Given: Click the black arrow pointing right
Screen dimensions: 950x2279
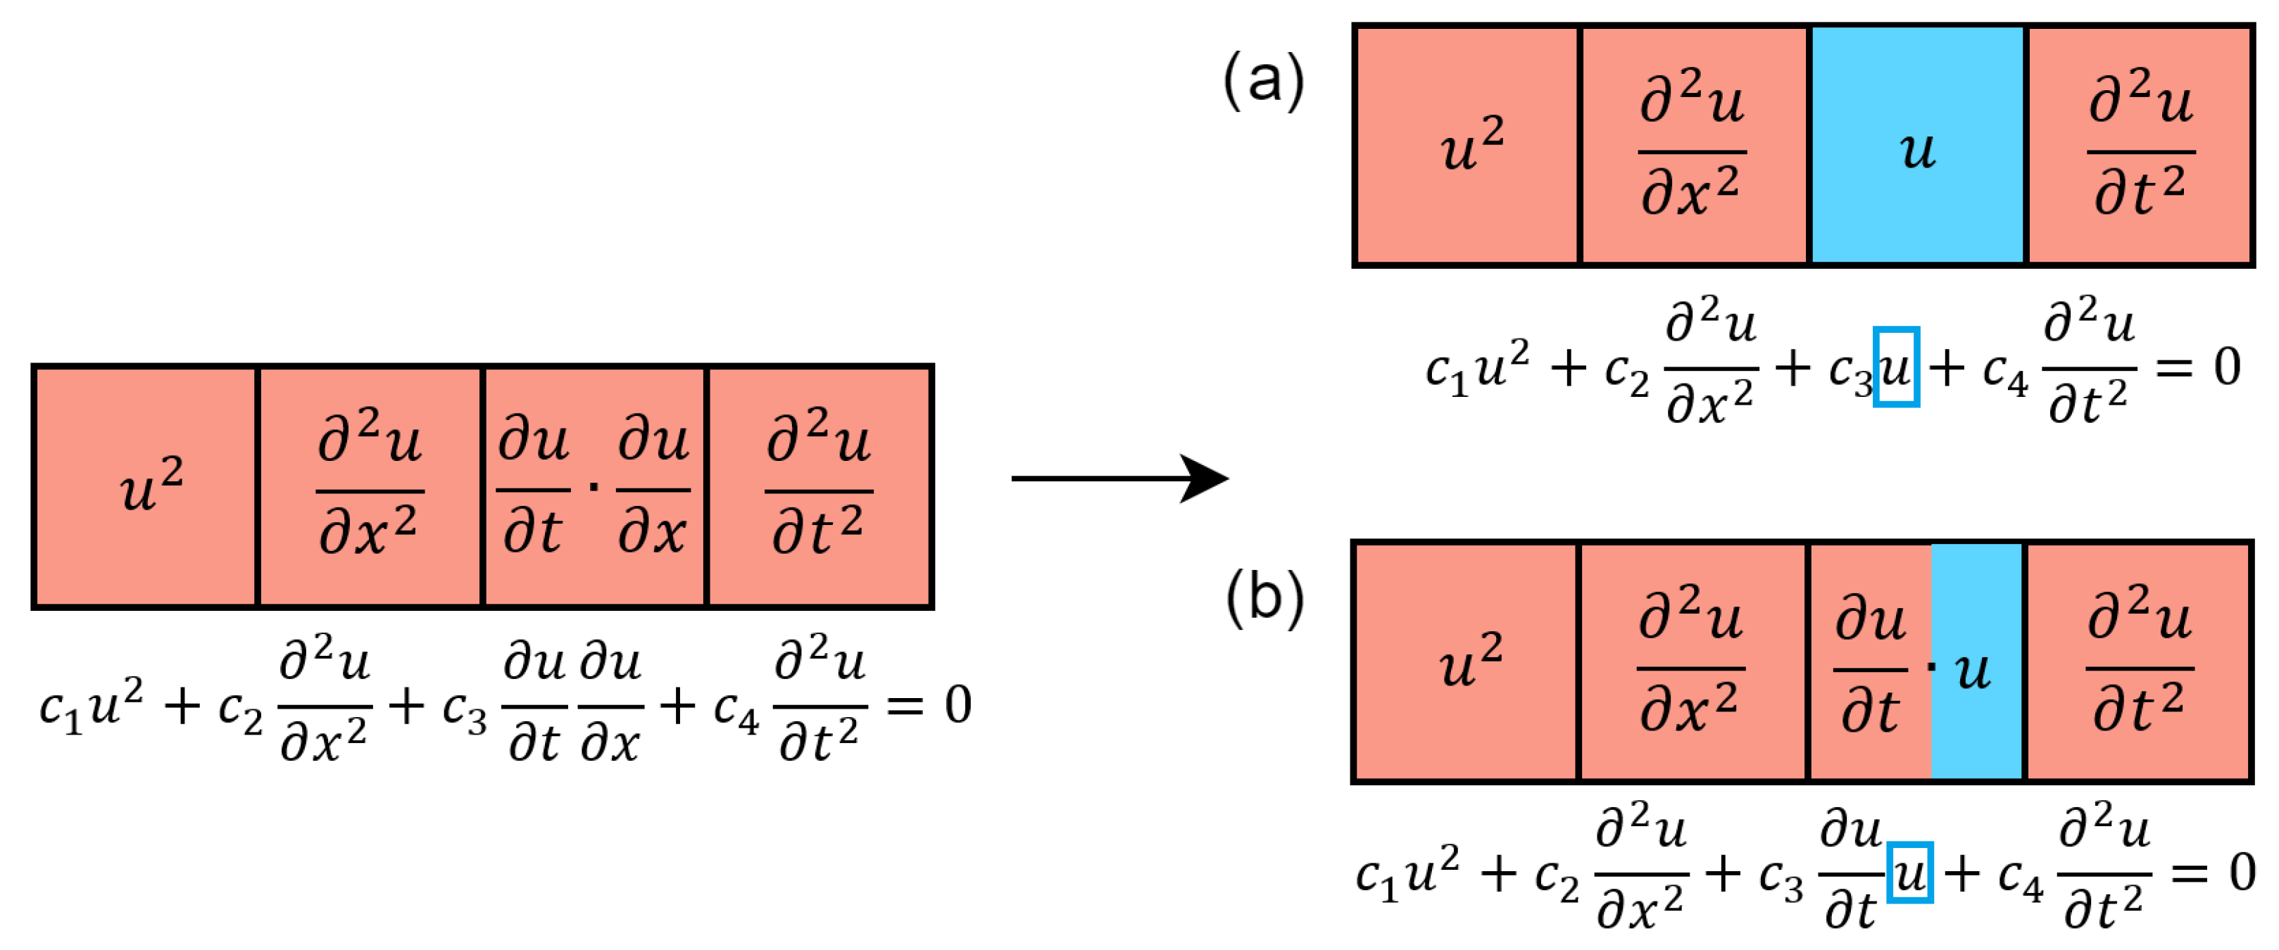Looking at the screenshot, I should coord(1119,479).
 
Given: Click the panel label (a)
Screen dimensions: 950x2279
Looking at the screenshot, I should coord(1262,80).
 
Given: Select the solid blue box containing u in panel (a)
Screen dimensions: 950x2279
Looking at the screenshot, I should coord(1917,146).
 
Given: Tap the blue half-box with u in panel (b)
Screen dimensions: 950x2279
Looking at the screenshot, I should coord(1976,661).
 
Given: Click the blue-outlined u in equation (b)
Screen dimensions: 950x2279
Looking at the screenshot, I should coord(1909,873).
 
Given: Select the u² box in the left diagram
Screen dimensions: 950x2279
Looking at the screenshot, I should coord(146,486).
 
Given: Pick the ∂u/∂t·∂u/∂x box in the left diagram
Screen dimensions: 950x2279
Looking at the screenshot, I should coord(594,486).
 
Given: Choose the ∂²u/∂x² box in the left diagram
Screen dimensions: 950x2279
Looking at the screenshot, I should coord(370,486).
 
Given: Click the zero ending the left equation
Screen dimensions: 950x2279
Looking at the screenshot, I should coord(958,705).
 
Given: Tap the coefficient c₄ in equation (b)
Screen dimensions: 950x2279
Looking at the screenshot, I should coord(2021,878).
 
